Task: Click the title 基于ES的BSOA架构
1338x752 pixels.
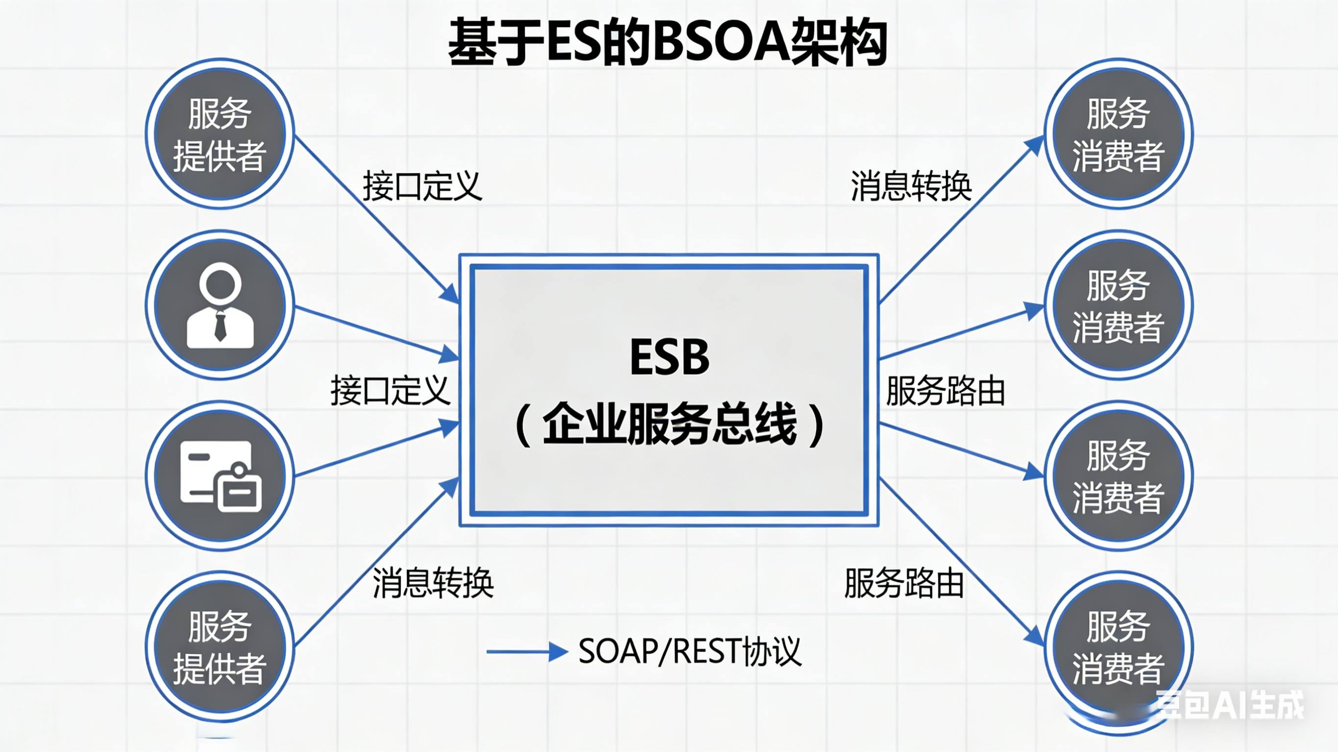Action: pyautogui.click(x=668, y=43)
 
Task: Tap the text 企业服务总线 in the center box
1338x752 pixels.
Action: pyautogui.click(x=669, y=424)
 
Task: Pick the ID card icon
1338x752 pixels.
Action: pyautogui.click(x=220, y=476)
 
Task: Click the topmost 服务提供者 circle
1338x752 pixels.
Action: pyautogui.click(x=220, y=134)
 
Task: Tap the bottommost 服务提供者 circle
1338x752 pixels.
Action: pyautogui.click(x=220, y=647)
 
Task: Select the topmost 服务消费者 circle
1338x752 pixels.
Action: pyautogui.click(x=1118, y=134)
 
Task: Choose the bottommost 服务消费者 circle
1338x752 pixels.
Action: pyautogui.click(x=1118, y=647)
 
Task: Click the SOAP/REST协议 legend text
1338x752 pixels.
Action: pyautogui.click(x=690, y=651)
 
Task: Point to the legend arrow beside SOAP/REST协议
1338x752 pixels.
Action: pyautogui.click(x=527, y=651)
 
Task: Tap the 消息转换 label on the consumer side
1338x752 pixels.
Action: pyautogui.click(x=911, y=186)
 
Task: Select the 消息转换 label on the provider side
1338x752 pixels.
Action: pyautogui.click(x=433, y=582)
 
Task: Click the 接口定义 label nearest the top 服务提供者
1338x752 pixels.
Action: pyautogui.click(x=422, y=186)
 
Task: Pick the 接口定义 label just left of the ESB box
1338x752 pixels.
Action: pyautogui.click(x=390, y=390)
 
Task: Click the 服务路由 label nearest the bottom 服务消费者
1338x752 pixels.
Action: pyautogui.click(x=904, y=582)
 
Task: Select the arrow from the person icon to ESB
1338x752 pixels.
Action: pyautogui.click(x=374, y=332)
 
